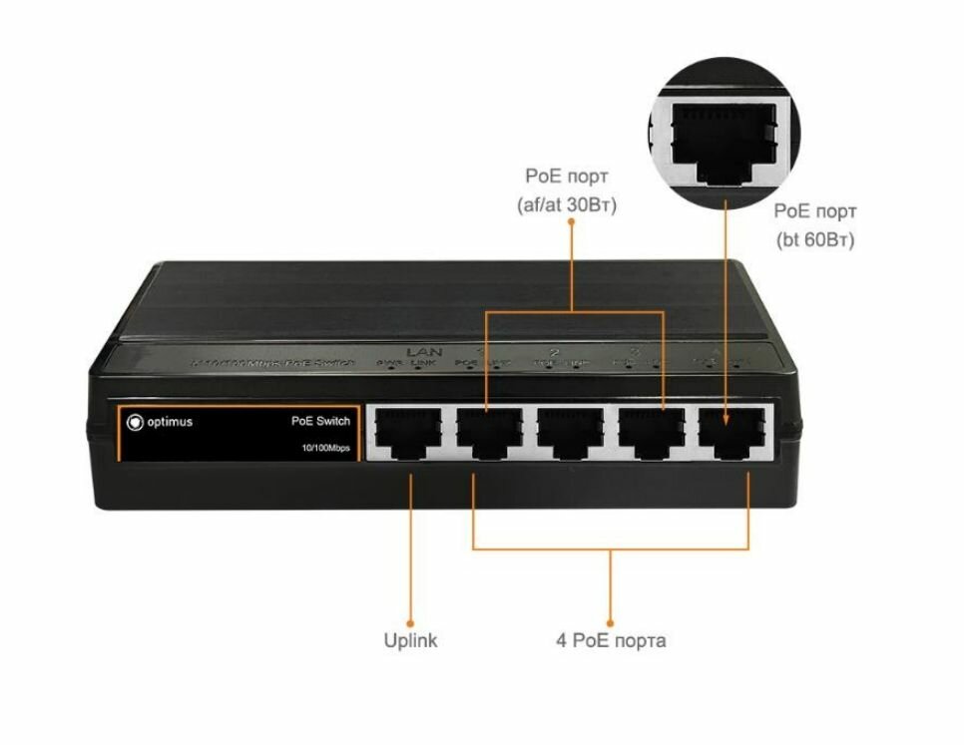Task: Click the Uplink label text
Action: [410, 640]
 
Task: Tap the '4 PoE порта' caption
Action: [611, 640]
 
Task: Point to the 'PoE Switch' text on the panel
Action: [320, 422]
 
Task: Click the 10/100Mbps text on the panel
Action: [325, 448]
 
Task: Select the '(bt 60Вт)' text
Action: [815, 240]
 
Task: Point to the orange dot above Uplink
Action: [410, 618]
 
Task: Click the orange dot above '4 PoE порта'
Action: [611, 618]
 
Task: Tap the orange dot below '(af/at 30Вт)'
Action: [571, 222]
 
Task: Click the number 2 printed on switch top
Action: [554, 352]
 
